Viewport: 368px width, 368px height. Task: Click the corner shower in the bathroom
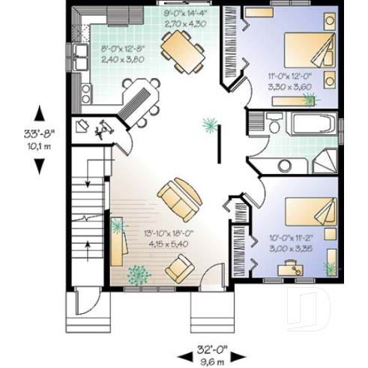point(325,160)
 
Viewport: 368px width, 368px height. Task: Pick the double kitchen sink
point(79,51)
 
